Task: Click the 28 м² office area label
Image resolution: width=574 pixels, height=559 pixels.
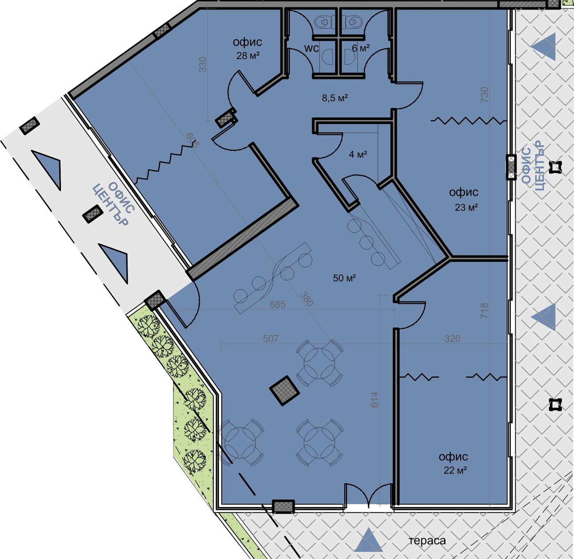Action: pos(248,55)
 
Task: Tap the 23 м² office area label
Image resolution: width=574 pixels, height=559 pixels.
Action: pos(466,207)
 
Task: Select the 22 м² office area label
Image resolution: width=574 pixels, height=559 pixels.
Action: pos(455,470)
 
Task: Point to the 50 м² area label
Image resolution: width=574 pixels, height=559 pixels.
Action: pos(344,278)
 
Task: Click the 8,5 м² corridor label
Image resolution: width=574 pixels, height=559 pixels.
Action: pos(335,98)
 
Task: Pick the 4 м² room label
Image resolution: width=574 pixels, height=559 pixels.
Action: pos(358,154)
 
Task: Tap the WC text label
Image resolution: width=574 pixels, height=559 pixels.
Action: pos(311,48)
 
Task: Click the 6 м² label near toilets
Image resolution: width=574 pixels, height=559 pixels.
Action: pos(361,48)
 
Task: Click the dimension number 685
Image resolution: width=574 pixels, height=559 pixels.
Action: pos(278,304)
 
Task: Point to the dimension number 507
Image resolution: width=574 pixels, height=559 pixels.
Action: pos(271,339)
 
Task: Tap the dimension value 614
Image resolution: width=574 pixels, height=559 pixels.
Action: pos(374,399)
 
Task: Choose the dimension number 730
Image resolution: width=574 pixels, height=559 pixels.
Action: pos(485,94)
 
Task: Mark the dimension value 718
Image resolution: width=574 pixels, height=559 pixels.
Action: pos(485,310)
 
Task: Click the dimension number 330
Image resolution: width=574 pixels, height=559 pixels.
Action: pos(203,64)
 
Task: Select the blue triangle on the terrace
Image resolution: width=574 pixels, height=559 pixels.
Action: pos(368,540)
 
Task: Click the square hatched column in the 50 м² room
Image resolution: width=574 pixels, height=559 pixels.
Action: pos(284,391)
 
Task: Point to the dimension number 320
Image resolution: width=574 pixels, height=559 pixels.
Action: pos(452,339)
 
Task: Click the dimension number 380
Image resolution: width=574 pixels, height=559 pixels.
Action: pos(306,299)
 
